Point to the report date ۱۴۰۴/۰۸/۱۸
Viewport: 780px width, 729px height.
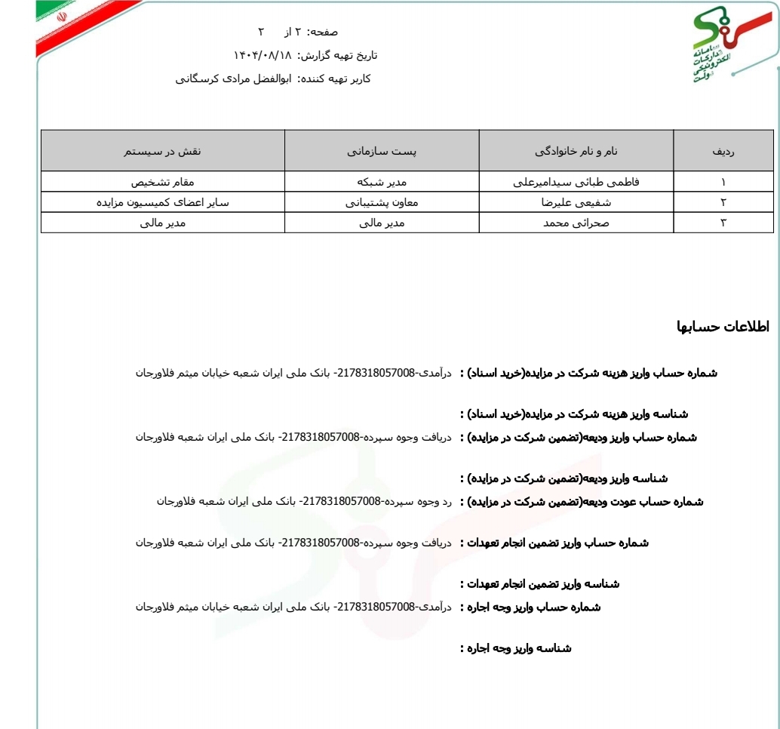click(262, 55)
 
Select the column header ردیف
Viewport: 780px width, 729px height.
click(723, 151)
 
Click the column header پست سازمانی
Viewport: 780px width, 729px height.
click(382, 151)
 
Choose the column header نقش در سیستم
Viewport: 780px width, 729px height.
click(163, 151)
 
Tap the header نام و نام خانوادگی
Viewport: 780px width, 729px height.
click(576, 151)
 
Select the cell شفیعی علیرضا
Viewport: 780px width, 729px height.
click(576, 202)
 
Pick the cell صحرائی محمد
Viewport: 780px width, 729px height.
click(576, 223)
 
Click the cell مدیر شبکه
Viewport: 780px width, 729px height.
click(382, 182)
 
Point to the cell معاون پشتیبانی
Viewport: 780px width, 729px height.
click(382, 202)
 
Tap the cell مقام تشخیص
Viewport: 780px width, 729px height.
click(163, 182)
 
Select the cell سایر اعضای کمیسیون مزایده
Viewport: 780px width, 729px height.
click(163, 202)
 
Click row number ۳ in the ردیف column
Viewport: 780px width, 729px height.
click(723, 223)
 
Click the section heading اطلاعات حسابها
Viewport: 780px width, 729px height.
click(723, 327)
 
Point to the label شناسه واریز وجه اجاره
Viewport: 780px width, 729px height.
click(516, 648)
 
